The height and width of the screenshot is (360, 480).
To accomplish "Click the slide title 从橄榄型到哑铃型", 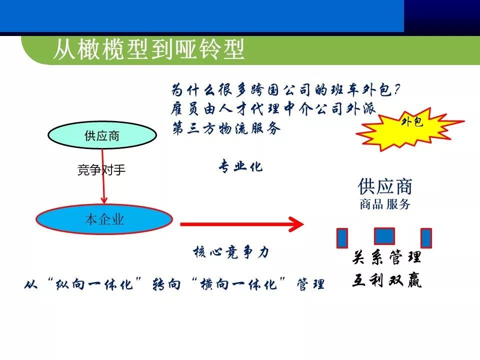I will (148, 50).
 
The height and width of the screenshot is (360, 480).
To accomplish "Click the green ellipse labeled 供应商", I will (101, 136).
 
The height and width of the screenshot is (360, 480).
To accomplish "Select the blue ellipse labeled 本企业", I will (104, 219).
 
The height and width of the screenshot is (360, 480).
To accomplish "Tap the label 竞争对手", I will (101, 170).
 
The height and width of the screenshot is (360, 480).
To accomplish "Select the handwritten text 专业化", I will (240, 167).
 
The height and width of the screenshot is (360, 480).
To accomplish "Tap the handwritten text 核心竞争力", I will (231, 252).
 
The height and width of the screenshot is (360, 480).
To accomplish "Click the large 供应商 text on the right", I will (385, 186).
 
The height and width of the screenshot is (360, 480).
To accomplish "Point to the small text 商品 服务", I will (384, 204).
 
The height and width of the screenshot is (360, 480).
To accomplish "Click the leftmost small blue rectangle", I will (342, 238).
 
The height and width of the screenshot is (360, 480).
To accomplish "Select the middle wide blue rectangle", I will (384, 236).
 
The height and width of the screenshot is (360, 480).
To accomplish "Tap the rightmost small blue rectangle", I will (426, 238).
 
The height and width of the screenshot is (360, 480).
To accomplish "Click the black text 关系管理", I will (387, 258).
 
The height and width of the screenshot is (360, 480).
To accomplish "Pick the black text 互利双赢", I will (387, 281).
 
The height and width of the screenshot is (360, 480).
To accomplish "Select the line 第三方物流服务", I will (226, 128).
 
